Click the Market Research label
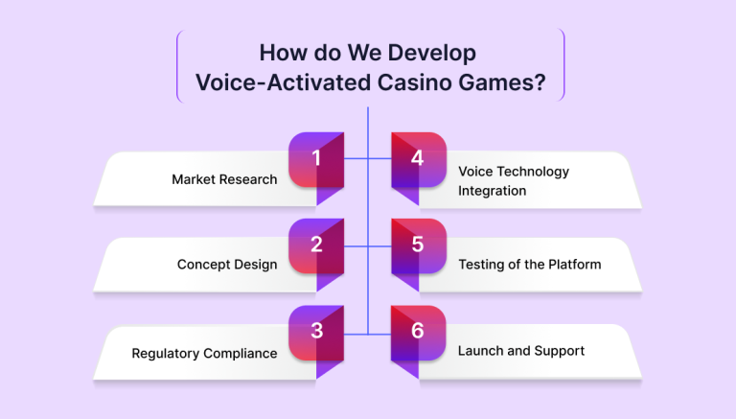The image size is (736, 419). point(224,179)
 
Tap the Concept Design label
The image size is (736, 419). point(227,265)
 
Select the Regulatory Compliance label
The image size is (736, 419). point(204,354)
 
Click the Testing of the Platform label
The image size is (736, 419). point(529,265)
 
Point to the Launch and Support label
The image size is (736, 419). point(521,351)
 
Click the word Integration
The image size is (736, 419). point(492,191)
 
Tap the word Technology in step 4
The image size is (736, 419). point(533,172)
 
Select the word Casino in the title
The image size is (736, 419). point(414,82)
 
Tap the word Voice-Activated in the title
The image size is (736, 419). point(284,82)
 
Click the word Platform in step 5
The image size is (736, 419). point(575,265)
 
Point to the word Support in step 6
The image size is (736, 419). point(560,351)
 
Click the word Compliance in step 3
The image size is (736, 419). point(241,354)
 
